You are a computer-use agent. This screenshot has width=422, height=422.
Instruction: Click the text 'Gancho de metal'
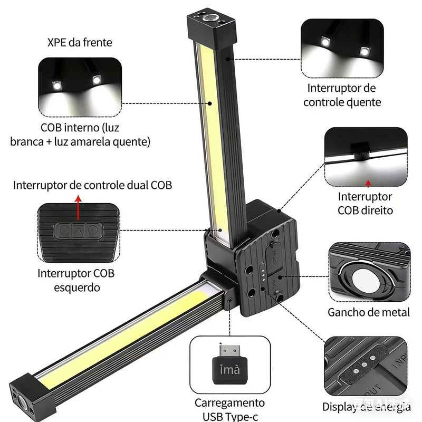coord(368,312)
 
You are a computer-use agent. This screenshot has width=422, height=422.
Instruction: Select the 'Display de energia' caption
coord(367,407)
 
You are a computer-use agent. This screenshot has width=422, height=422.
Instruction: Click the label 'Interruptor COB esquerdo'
coord(76,280)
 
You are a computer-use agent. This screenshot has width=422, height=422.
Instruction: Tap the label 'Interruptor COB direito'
coord(365,203)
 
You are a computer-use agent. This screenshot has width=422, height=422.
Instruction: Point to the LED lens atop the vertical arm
coord(210,18)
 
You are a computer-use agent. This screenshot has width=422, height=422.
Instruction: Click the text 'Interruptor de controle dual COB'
coord(93,185)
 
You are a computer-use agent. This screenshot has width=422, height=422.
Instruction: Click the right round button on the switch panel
coord(92,231)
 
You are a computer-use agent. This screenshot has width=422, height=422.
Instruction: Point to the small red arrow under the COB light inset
coord(368,183)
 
